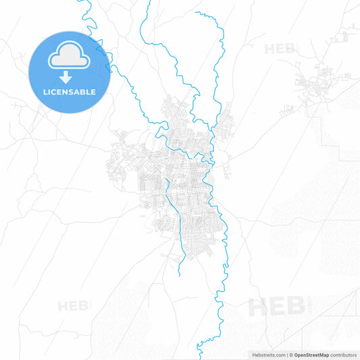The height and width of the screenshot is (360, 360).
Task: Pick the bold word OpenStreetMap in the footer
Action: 311,354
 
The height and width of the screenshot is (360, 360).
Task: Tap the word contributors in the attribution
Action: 343,354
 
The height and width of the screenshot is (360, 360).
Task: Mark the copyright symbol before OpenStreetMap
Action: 291,354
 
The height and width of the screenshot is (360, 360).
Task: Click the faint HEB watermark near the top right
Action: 280,49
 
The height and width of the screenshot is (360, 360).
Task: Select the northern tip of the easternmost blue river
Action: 197,12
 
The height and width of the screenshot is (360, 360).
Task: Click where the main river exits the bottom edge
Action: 199,357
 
